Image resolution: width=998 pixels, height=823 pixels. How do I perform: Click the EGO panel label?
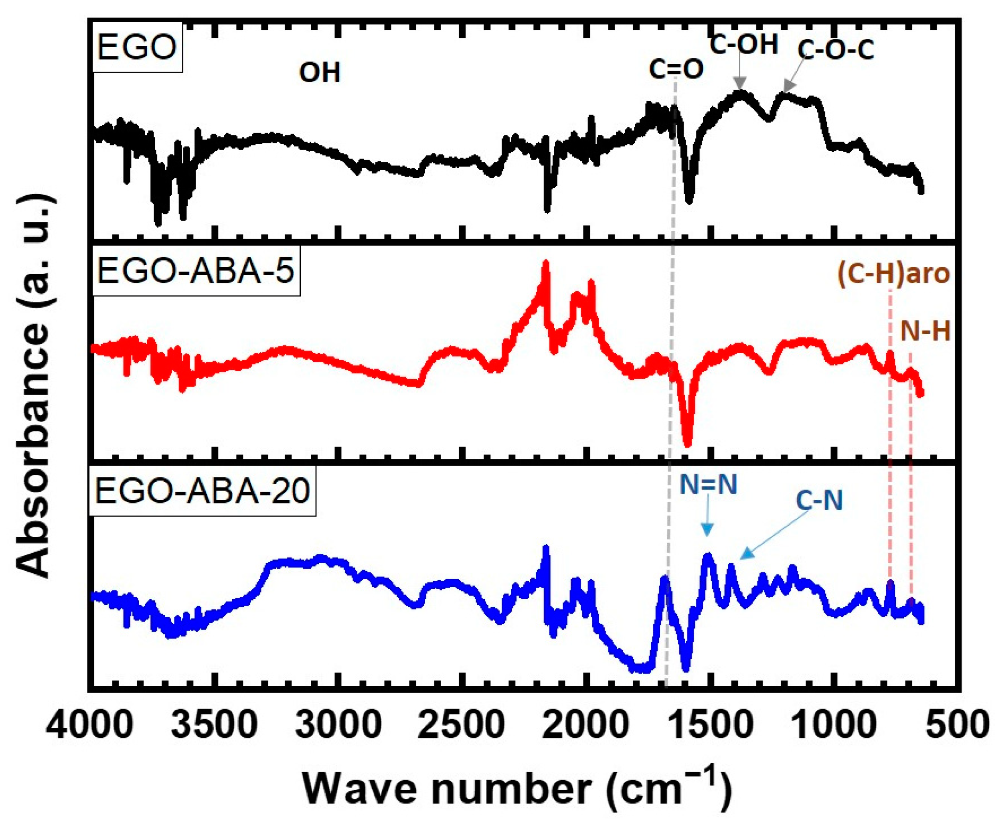click(x=136, y=48)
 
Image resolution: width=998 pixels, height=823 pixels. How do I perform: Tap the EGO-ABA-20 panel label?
click(x=203, y=491)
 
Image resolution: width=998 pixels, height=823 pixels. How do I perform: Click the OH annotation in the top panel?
click(x=320, y=74)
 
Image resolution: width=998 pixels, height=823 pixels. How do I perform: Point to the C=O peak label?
click(x=676, y=70)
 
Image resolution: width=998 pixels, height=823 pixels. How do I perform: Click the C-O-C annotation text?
click(x=836, y=50)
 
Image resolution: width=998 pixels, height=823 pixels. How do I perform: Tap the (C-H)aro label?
click(x=893, y=275)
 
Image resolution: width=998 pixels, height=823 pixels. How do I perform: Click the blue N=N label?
click(x=708, y=485)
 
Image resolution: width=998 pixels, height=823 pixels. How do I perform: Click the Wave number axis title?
click(x=517, y=788)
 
